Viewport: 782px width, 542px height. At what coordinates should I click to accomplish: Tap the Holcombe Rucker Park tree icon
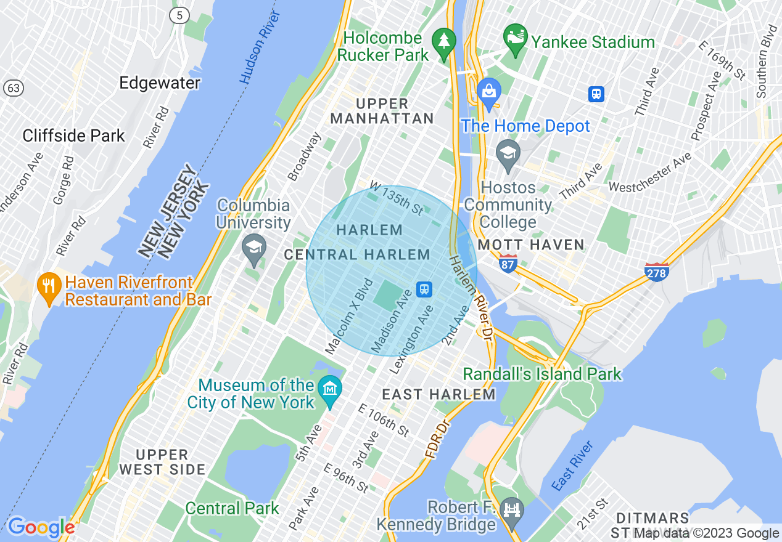click(x=443, y=41)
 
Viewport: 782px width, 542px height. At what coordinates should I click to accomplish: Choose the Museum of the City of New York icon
click(x=330, y=389)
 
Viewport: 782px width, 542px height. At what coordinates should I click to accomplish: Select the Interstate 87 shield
click(x=508, y=264)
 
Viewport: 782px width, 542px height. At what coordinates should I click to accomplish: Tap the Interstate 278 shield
click(x=656, y=271)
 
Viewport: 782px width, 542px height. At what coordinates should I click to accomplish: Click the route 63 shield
click(x=13, y=88)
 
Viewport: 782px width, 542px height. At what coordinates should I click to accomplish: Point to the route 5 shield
click(x=179, y=17)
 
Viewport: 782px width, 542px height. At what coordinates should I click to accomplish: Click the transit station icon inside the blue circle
click(x=424, y=289)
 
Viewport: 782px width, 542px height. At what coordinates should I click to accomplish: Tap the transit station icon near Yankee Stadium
click(x=596, y=94)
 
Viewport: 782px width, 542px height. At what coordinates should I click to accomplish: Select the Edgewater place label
click(x=160, y=83)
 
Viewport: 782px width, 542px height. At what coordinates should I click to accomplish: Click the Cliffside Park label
click(x=73, y=135)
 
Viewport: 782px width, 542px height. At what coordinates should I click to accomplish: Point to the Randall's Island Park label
click(x=542, y=374)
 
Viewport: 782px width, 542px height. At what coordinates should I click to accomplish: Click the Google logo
click(x=41, y=527)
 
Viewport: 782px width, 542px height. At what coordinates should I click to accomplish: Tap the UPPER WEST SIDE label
click(x=162, y=462)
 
